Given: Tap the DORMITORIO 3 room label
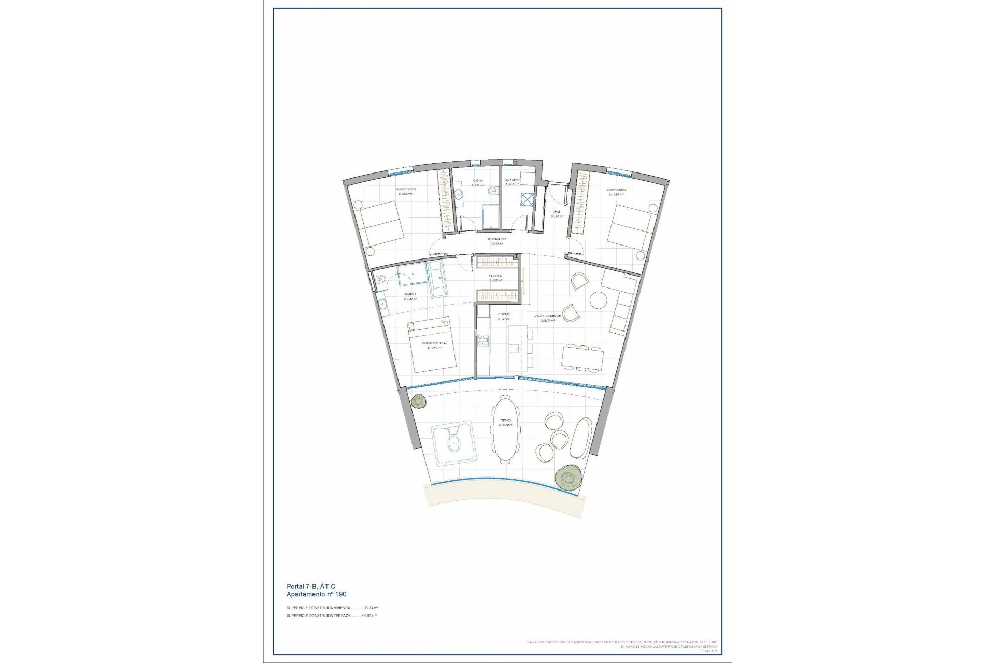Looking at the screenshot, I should click(617, 190).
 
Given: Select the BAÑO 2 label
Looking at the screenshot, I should click(477, 181).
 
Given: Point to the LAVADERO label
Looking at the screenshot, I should click(512, 180).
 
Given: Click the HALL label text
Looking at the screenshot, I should click(557, 212).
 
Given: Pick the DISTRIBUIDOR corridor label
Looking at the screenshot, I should click(496, 239).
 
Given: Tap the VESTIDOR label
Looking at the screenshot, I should click(496, 276).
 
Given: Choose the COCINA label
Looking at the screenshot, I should click(504, 314).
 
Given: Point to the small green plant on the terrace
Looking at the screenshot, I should click(418, 401).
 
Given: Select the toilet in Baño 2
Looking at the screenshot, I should click(489, 192).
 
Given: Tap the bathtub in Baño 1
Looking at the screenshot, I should click(435, 280).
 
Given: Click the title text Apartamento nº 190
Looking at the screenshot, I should click(316, 594).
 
